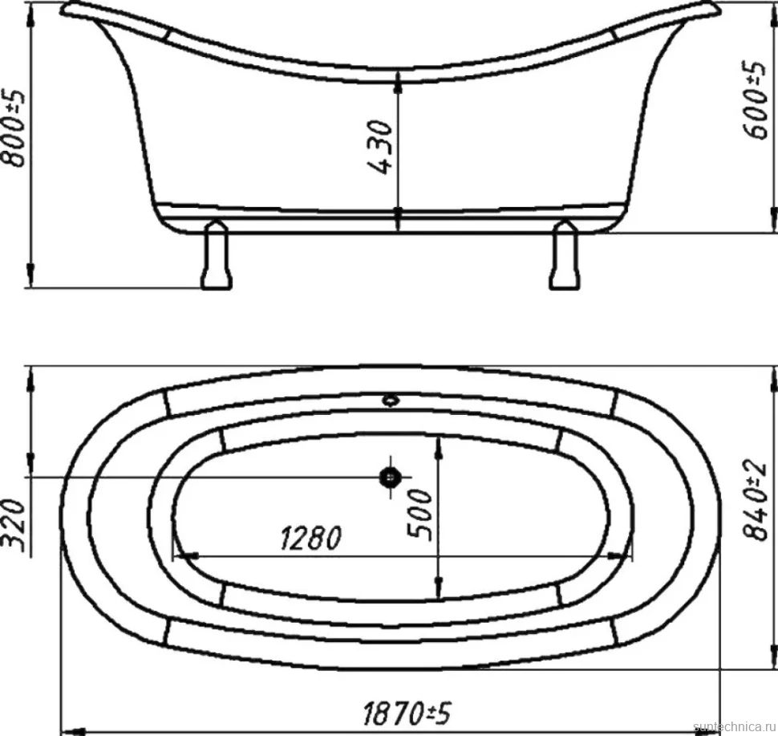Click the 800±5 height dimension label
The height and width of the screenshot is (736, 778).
[x=13, y=128]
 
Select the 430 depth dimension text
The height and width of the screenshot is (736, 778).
[x=381, y=147]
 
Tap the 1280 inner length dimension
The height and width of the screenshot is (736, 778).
[x=311, y=538]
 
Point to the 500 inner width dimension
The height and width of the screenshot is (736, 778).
[x=419, y=514]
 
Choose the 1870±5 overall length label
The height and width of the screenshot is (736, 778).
[x=407, y=714]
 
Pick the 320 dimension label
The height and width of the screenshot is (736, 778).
[x=14, y=526]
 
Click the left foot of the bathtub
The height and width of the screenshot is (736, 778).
[x=217, y=254]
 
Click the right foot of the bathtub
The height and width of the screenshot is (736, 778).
[x=565, y=254]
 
